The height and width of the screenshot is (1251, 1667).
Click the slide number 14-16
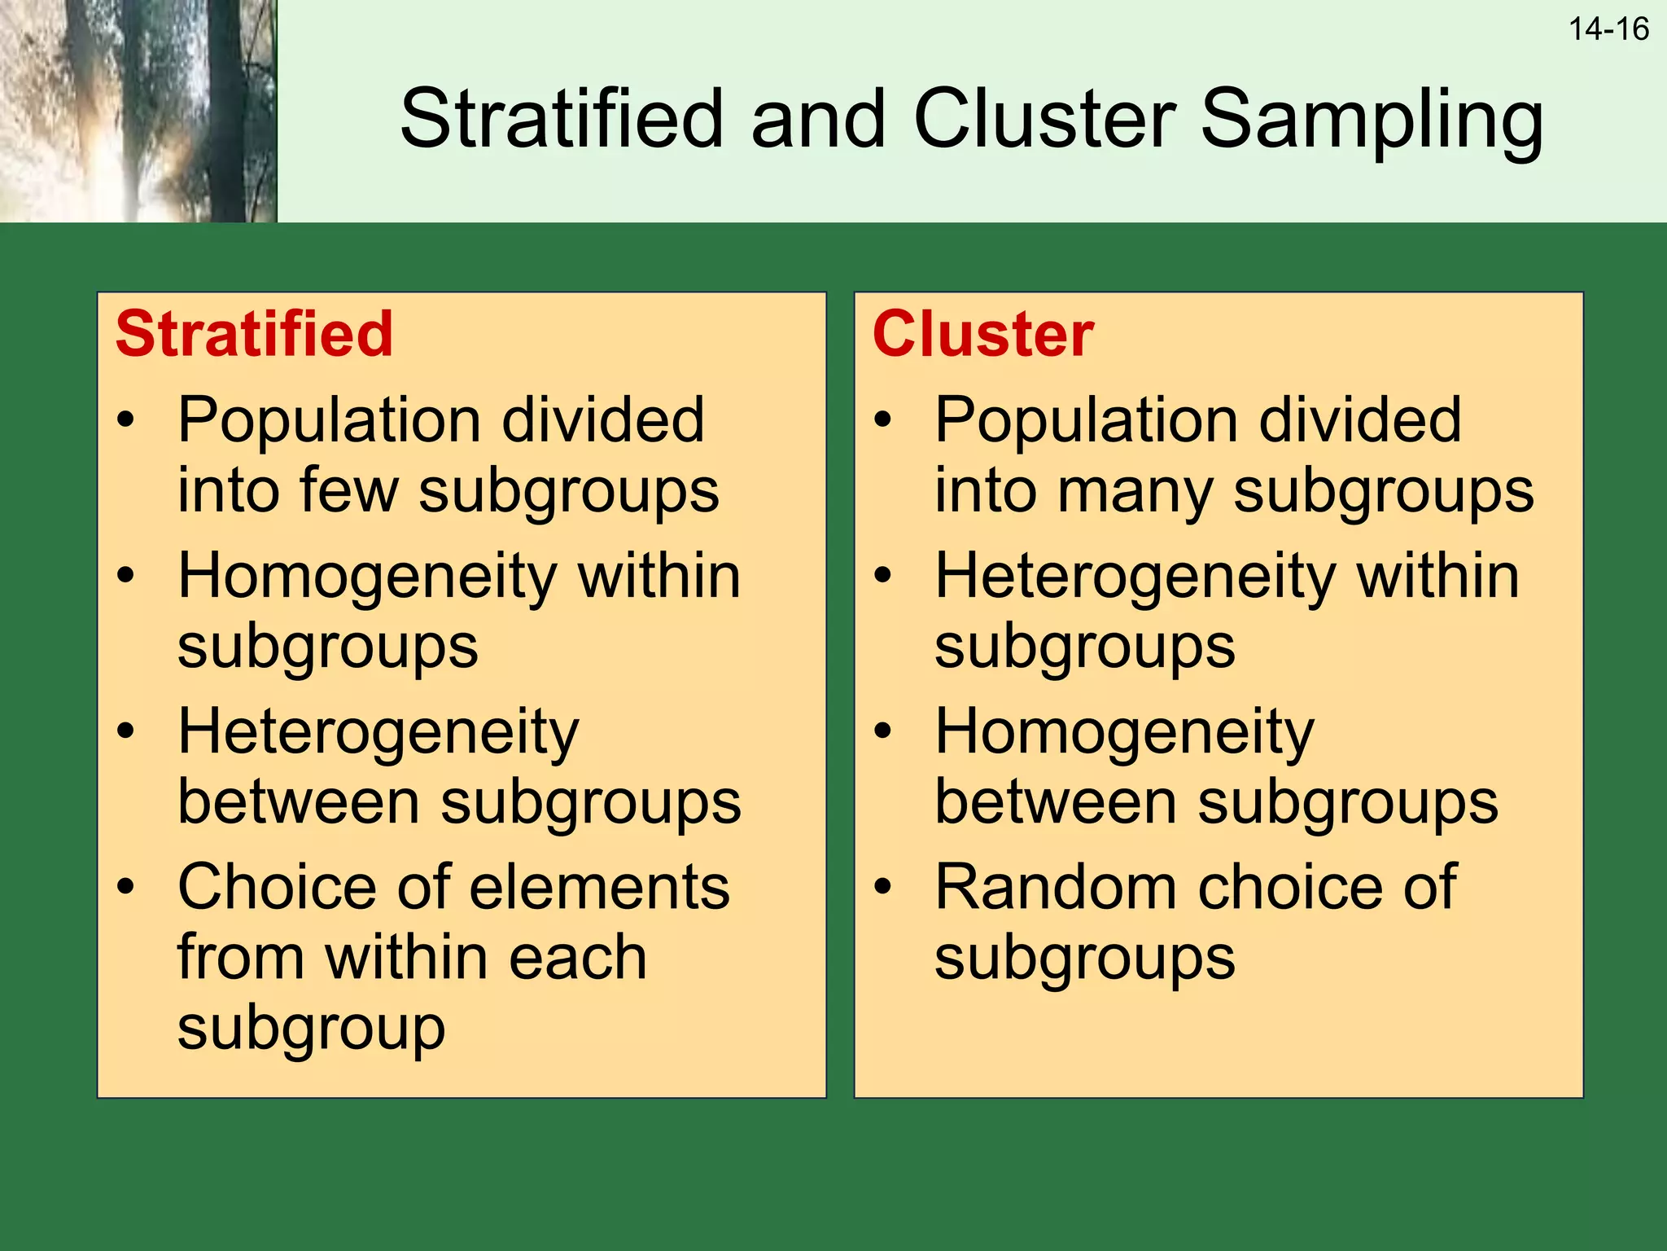1608,29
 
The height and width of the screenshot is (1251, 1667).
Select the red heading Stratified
254,334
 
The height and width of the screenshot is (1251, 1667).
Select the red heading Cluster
982,334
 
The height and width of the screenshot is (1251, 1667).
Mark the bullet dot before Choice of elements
125,886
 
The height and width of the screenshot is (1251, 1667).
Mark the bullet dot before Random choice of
883,886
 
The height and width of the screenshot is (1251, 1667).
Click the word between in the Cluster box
1055,802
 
